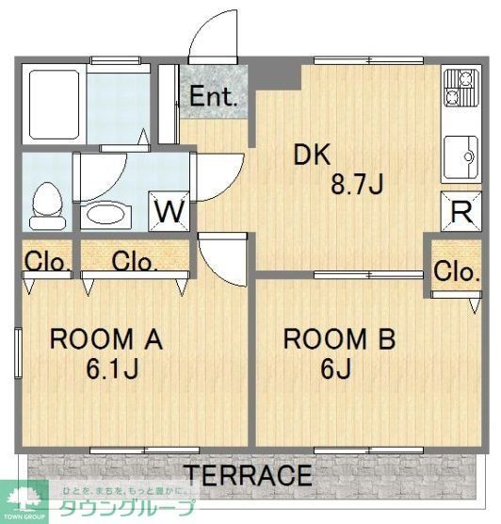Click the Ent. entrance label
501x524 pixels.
pyautogui.click(x=215, y=96)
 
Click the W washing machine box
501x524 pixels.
pyautogui.click(x=170, y=210)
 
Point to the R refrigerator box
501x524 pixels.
pyautogui.click(x=461, y=211)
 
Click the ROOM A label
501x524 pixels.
pyautogui.click(x=106, y=339)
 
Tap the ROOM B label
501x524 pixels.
pyautogui.click(x=340, y=339)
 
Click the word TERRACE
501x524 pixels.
pyautogui.click(x=248, y=474)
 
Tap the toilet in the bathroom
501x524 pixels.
pyautogui.click(x=43, y=205)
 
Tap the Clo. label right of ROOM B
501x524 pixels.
pyautogui.click(x=457, y=271)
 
